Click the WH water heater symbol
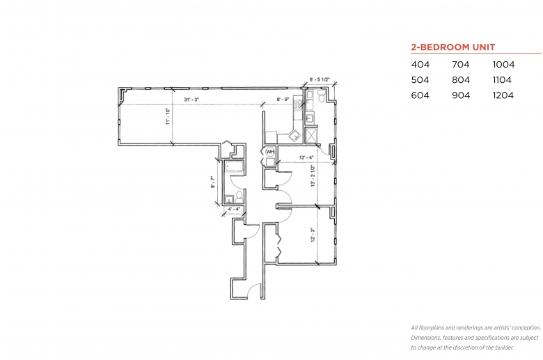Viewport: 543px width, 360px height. [270, 152]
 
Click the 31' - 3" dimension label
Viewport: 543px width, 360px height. [191, 100]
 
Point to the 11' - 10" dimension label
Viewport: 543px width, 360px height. [168, 116]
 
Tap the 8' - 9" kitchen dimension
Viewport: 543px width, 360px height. [283, 100]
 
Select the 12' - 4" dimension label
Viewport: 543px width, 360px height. [306, 157]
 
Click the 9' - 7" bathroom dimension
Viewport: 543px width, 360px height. [212, 182]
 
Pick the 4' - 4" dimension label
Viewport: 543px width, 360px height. [234, 209]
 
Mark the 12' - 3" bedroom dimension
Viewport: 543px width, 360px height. [313, 235]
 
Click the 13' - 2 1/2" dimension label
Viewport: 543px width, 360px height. [313, 176]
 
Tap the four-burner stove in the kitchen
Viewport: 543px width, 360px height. [298, 103]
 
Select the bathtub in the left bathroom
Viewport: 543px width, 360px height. [235, 167]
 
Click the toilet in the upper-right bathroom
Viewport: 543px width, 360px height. [321, 96]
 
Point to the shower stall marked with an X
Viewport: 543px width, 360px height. [311, 135]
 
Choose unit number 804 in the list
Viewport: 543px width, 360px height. [461, 80]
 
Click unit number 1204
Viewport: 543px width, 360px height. [503, 95]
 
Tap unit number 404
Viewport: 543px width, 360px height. [420, 65]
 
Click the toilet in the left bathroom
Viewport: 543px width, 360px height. [239, 196]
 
